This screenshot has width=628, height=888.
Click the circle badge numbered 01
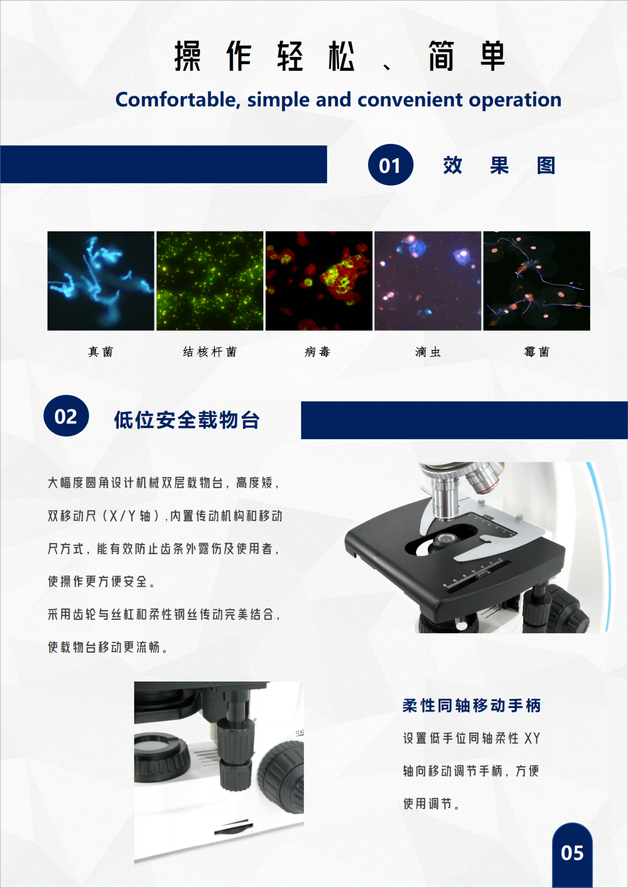391,165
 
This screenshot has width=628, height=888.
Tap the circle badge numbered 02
66,416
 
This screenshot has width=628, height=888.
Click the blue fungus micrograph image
101,281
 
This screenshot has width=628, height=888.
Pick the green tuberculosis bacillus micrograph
210,281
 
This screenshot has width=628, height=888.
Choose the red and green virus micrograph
319,281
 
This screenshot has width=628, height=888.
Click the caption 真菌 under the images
101,352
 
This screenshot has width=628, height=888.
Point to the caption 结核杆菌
210,352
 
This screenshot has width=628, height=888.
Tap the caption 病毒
318,352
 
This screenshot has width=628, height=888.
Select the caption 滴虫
428,352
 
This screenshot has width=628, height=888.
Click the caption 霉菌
537,352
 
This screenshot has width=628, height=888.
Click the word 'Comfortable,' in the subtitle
178,100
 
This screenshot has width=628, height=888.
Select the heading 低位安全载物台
187,420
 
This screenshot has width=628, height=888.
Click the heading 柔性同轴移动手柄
472,705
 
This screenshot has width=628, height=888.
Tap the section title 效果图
499,165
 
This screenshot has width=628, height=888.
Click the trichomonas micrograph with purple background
428,281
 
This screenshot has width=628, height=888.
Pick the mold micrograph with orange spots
537,281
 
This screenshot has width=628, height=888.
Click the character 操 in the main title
188,56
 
